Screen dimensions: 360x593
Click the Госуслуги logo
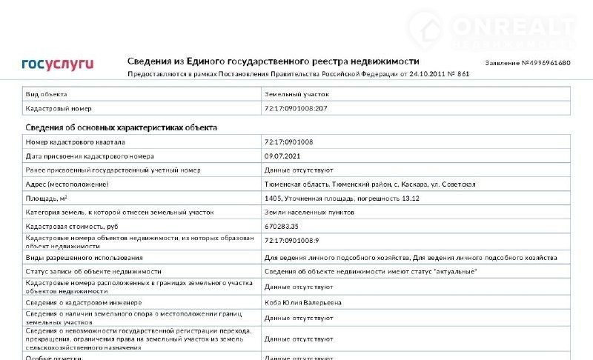pyautogui.click(x=57, y=64)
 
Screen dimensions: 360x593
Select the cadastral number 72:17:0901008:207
pyautogui.click(x=296, y=108)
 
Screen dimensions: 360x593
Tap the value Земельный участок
pyautogui.click(x=296, y=94)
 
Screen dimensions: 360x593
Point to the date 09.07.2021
pyautogui.click(x=282, y=156)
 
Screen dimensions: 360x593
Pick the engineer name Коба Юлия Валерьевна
pyautogui.click(x=303, y=302)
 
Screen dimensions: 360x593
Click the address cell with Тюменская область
pyautogui.click(x=370, y=184)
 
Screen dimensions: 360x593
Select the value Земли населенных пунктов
pyautogui.click(x=309, y=212)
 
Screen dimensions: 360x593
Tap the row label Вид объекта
pyautogui.click(x=47, y=94)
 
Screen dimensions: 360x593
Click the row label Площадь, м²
pyautogui.click(x=47, y=198)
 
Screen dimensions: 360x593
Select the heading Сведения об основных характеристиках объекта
pyautogui.click(x=122, y=127)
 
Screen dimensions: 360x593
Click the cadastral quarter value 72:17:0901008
pyautogui.click(x=289, y=141)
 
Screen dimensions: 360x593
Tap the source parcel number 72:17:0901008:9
pyautogui.click(x=291, y=240)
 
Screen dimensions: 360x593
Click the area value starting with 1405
pyautogui.click(x=342, y=198)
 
